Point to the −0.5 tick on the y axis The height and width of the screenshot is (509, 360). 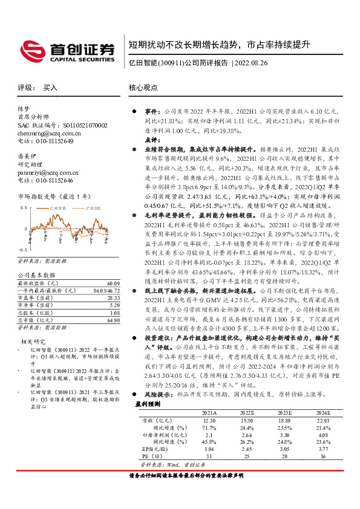point(22,249)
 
